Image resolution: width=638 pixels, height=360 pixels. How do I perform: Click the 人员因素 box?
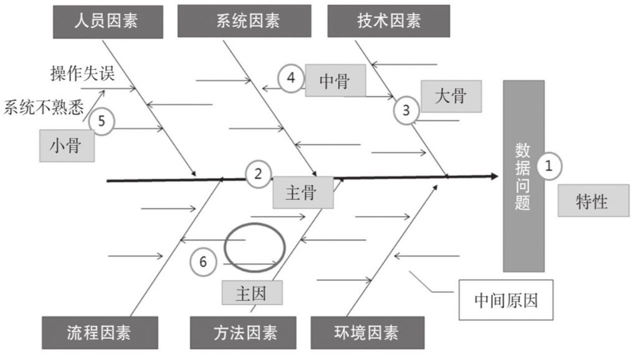[106, 21]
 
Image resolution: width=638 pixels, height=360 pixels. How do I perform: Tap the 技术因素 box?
[388, 21]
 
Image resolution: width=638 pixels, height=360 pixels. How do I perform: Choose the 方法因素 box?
[243, 333]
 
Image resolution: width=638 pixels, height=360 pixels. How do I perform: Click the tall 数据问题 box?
[523, 176]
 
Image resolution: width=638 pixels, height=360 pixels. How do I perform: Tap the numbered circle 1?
[549, 166]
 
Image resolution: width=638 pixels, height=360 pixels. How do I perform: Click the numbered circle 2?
[258, 174]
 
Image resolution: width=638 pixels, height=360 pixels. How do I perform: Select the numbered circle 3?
[406, 111]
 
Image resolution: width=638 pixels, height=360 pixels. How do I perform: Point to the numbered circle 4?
[290, 78]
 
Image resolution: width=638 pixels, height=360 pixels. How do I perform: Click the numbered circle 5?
[102, 121]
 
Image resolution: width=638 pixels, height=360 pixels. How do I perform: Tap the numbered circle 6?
[203, 262]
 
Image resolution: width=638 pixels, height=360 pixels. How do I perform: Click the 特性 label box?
[592, 201]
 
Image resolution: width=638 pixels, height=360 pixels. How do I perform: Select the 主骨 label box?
[302, 193]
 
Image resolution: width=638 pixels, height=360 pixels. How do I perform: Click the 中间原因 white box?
[505, 300]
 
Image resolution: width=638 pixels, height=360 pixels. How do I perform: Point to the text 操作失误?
[82, 73]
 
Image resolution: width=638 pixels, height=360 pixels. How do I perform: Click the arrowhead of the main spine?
[495, 176]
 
